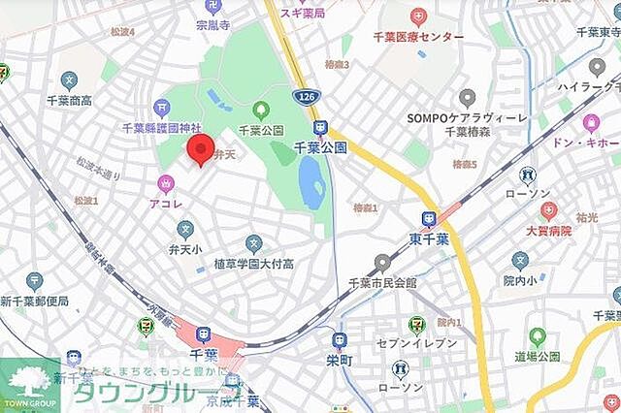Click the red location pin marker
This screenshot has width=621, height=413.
[199, 151]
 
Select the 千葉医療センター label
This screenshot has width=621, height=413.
[419, 37]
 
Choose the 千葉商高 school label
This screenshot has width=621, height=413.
[68, 101]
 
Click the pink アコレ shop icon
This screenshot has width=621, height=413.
[166, 183]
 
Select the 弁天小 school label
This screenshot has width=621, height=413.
[185, 248]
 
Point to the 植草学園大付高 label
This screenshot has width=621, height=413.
[254, 264]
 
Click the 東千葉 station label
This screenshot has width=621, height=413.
[428, 239]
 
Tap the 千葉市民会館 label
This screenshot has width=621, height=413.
[382, 282]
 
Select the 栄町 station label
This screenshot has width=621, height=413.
[339, 359]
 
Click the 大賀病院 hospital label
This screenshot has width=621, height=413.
[549, 231]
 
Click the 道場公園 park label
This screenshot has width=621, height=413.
[539, 358]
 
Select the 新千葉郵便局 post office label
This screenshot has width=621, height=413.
[34, 302]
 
